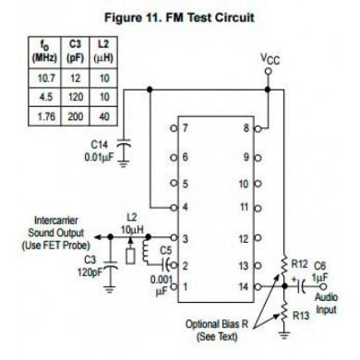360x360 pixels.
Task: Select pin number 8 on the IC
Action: pyautogui.click(x=246, y=129)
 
